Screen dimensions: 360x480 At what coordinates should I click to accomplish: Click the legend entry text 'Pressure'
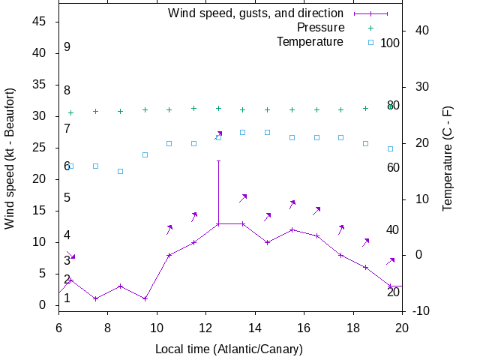pyautogui.click(x=320, y=27)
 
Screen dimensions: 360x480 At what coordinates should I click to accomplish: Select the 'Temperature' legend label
pyautogui.click(x=310, y=41)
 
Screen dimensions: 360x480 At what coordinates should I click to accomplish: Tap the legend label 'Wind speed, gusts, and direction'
pyautogui.click(x=255, y=13)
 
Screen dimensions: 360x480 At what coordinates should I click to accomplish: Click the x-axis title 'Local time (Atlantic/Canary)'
pyautogui.click(x=229, y=349)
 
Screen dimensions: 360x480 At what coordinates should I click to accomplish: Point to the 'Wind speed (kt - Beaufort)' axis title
pyautogui.click(x=10, y=158)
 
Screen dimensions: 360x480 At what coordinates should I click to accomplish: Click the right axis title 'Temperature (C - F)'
pyautogui.click(x=447, y=158)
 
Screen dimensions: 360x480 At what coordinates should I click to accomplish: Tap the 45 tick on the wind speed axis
pyautogui.click(x=40, y=22)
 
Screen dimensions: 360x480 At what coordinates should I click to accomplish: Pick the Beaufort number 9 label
pyautogui.click(x=67, y=47)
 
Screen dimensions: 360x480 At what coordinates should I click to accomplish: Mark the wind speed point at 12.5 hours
pyautogui.click(x=218, y=223)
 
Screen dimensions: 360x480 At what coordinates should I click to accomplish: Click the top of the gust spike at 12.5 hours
pyautogui.click(x=218, y=160)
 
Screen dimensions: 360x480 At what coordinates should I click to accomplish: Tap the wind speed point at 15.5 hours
pyautogui.click(x=292, y=229)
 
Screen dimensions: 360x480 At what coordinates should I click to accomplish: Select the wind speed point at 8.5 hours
pyautogui.click(x=120, y=286)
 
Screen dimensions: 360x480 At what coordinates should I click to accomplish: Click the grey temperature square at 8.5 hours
pyautogui.click(x=120, y=171)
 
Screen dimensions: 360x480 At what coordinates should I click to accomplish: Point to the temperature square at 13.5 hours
pyautogui.click(x=243, y=132)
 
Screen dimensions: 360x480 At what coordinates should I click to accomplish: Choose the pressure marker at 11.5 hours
pyautogui.click(x=193, y=108)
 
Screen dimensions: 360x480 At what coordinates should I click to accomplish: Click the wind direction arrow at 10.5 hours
pyautogui.click(x=169, y=229)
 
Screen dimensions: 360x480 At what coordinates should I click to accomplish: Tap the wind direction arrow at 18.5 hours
pyautogui.click(x=366, y=242)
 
